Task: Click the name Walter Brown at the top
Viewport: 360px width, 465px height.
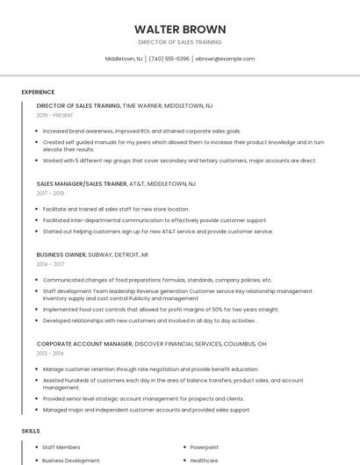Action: (180, 29)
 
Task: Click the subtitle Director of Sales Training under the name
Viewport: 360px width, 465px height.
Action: (180, 42)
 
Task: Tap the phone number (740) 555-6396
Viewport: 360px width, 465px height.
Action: (169, 59)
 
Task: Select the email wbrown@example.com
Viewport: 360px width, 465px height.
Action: (225, 59)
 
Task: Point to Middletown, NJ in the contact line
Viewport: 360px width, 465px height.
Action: (124, 59)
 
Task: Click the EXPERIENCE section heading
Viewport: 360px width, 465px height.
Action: (38, 92)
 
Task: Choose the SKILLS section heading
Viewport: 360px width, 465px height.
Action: (31, 432)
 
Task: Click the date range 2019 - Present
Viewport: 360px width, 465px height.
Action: (55, 115)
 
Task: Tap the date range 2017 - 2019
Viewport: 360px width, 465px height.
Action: (50, 193)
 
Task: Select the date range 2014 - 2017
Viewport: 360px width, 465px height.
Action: (50, 263)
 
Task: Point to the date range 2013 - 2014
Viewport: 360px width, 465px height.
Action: (50, 353)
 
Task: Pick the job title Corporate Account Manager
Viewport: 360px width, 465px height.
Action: (84, 344)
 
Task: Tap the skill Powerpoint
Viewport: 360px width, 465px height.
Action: (205, 447)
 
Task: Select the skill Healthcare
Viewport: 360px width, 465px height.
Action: (205, 461)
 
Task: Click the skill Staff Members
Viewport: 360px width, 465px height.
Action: (61, 447)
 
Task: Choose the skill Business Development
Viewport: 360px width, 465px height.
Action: (71, 461)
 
